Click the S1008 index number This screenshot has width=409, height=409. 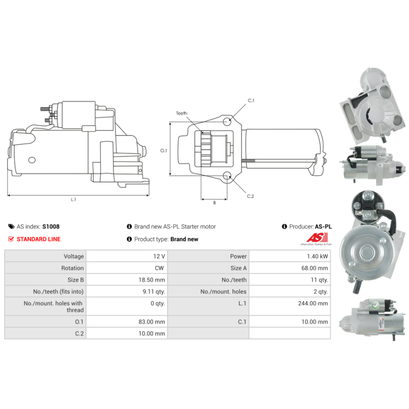51,226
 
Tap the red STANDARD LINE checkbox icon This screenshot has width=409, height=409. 11,239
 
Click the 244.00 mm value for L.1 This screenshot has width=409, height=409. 313,303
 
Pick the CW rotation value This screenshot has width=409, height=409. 160,268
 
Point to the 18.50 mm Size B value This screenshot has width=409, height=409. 152,280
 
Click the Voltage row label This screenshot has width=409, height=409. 74,257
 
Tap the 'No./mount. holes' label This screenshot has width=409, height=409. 223,291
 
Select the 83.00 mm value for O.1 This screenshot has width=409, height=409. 152,322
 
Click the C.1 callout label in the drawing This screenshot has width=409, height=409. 251,100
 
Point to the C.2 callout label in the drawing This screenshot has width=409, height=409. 251,196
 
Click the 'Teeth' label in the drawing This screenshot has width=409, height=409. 181,113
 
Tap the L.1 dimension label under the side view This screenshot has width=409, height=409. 74,199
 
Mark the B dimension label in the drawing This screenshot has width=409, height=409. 215,202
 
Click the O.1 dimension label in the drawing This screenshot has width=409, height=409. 164,150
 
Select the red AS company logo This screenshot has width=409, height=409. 316,238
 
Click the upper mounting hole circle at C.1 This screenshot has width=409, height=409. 227,122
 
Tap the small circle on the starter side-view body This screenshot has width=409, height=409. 32,160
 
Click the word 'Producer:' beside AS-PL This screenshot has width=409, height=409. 301,226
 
